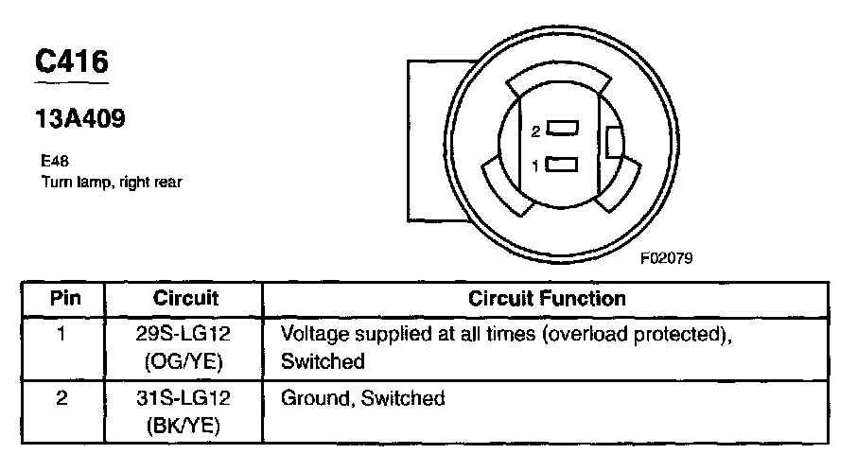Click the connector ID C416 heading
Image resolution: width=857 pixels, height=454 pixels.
[x=72, y=61]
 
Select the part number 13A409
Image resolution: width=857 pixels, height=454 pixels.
[x=79, y=120]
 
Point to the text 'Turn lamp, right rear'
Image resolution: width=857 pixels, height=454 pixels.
[x=111, y=182]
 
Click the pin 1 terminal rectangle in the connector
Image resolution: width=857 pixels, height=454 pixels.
[x=562, y=166]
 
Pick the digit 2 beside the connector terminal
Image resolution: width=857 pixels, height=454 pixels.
[x=535, y=131]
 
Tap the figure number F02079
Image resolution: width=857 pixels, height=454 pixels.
[x=666, y=257]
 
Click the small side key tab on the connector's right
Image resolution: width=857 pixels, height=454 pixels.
[x=614, y=143]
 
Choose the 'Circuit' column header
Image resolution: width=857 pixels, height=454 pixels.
[x=185, y=299]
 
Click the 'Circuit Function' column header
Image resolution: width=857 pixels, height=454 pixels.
[x=548, y=299]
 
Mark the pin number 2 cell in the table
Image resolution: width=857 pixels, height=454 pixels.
[x=62, y=398]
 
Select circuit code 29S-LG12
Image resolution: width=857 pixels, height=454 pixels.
[x=185, y=334]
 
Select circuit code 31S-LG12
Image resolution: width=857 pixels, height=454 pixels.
[x=185, y=398]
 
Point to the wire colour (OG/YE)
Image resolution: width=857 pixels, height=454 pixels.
[x=185, y=360]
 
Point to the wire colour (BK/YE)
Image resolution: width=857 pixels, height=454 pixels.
[x=185, y=425]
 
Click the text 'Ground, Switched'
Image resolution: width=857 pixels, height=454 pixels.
[x=363, y=398]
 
